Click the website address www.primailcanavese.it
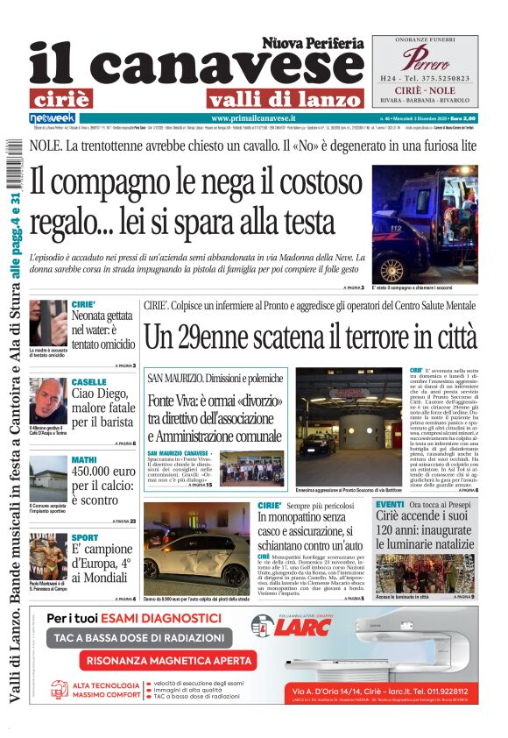point(253,117)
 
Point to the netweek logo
point(53,117)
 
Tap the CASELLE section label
point(89,383)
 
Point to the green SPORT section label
point(85,537)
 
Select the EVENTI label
point(389,505)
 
